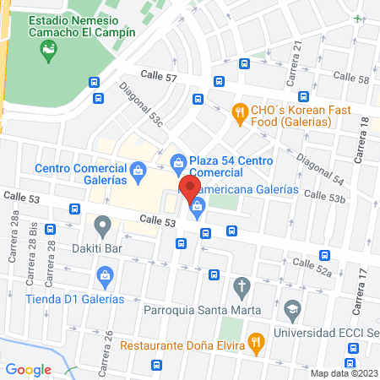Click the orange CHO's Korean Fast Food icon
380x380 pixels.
tap(240, 111)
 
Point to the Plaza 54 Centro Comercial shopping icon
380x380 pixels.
tap(178, 161)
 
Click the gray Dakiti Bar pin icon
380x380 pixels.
tap(103, 225)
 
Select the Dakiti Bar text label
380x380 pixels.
tap(103, 249)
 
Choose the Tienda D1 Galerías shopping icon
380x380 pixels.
tap(106, 274)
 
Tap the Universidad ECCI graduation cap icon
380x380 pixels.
tap(293, 308)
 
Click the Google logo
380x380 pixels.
tap(29, 369)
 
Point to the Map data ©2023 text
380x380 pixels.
tap(342, 373)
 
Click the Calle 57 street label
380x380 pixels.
tap(160, 77)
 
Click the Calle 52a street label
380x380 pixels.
tap(312, 267)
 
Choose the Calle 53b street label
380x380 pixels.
tap(325, 198)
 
